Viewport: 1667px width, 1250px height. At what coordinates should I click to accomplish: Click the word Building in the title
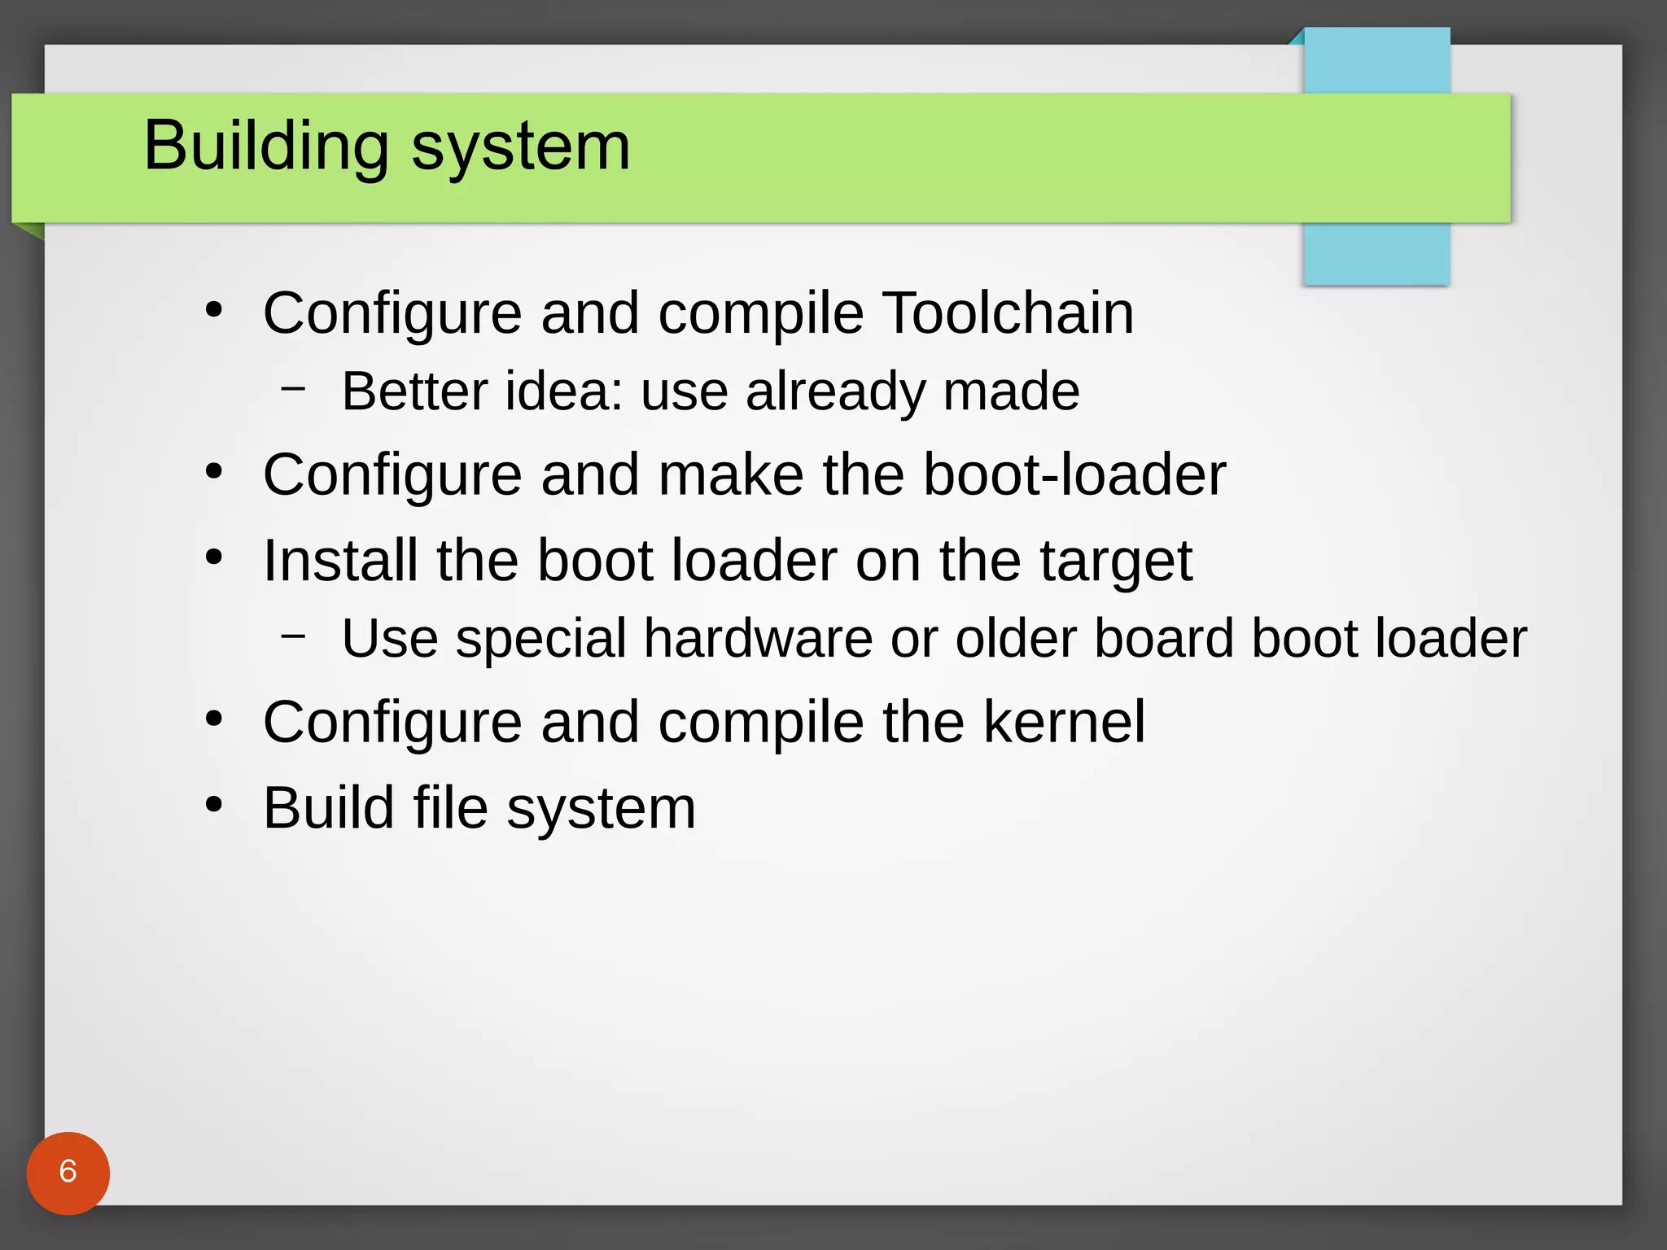pos(266,146)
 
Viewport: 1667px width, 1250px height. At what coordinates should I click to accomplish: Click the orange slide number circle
pos(68,1173)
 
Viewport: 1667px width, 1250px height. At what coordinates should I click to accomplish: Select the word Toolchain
pos(1008,312)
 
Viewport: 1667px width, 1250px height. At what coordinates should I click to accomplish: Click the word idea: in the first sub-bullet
pos(564,391)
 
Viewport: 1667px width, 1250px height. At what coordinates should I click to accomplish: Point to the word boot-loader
pos(1074,474)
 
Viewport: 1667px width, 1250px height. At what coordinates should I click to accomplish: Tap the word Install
pos(340,561)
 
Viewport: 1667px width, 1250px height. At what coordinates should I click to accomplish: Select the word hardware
pos(759,638)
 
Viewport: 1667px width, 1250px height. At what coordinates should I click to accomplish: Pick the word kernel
pos(1064,722)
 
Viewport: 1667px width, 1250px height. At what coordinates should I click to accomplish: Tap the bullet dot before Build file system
pos(214,805)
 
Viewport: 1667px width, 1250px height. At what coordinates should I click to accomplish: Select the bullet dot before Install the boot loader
pos(214,557)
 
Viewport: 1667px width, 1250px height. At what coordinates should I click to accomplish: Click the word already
pos(835,393)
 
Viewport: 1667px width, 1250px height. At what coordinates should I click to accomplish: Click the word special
pos(540,640)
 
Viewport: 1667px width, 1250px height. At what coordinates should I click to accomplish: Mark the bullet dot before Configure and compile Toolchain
pos(214,310)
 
